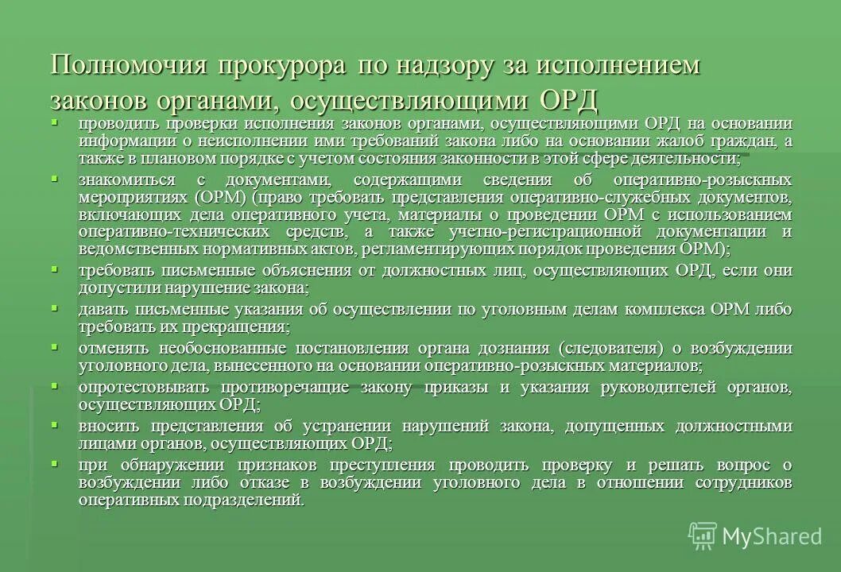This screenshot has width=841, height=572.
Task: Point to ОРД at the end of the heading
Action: (568, 101)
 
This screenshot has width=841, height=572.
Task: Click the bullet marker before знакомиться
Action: (55, 178)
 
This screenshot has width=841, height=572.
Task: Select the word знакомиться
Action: (127, 180)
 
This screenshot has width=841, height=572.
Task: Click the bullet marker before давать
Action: (55, 307)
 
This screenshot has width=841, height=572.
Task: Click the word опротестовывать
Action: (144, 387)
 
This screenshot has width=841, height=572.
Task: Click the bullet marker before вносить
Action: (55, 424)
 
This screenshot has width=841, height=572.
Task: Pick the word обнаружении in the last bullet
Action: (192, 465)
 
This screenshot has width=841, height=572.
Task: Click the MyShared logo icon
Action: (703, 536)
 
